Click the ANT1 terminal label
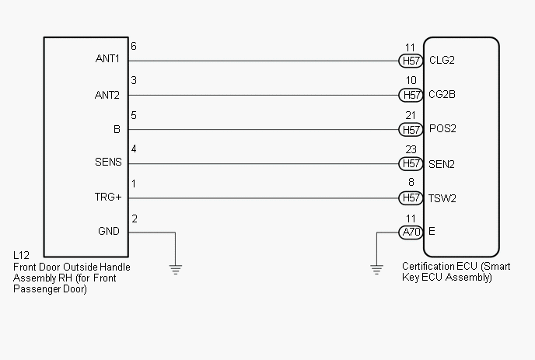pyautogui.click(x=107, y=58)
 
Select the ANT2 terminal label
pyautogui.click(x=107, y=95)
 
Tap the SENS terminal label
pyautogui.click(x=108, y=162)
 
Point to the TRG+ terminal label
pyautogui.click(x=108, y=197)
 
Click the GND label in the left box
pyautogui.click(x=109, y=232)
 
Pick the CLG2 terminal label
pyautogui.click(x=442, y=60)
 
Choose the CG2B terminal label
pyautogui.click(x=442, y=94)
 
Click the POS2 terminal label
pyautogui.click(x=442, y=128)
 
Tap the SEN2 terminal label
pyautogui.click(x=442, y=164)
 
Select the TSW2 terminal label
pyautogui.click(x=442, y=198)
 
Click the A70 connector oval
pyautogui.click(x=411, y=232)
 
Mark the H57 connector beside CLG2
pyautogui.click(x=411, y=61)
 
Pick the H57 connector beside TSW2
pyautogui.click(x=411, y=198)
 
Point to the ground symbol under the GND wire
pyautogui.click(x=176, y=270)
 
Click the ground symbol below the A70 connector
pyautogui.click(x=376, y=270)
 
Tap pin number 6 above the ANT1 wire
pyautogui.click(x=134, y=46)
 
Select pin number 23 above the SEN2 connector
pyautogui.click(x=411, y=149)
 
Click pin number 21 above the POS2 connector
pyautogui.click(x=411, y=115)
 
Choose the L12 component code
pyautogui.click(x=21, y=255)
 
